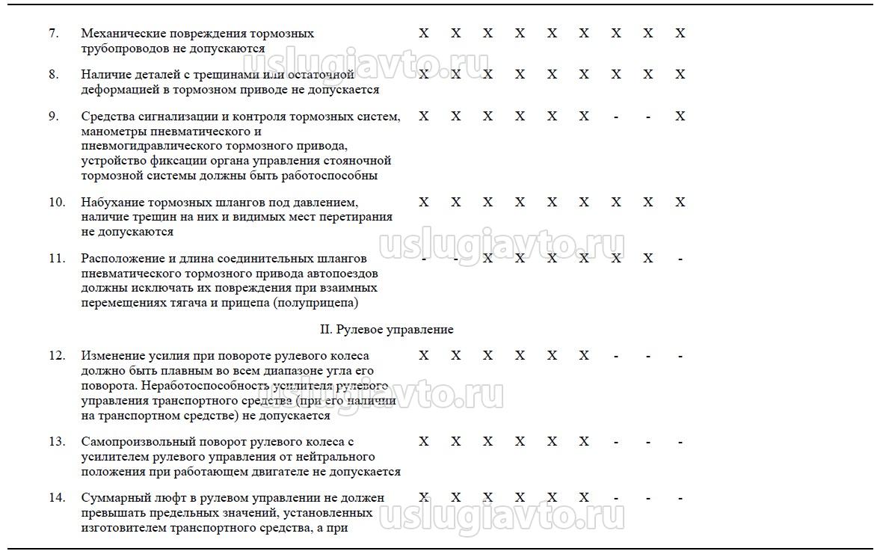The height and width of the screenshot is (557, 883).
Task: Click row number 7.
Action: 53,34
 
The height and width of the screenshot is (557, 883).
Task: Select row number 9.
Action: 53,117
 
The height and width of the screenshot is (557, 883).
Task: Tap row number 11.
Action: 57,259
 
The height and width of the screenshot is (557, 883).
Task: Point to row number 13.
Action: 57,442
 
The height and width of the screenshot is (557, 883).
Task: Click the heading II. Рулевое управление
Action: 387,330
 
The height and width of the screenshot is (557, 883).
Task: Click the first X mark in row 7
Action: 424,34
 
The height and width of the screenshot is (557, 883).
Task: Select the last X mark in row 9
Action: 680,117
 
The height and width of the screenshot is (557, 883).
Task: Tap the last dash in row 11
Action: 680,259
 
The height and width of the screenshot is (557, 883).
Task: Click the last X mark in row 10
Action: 680,203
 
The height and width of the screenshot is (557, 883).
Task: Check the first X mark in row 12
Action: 424,356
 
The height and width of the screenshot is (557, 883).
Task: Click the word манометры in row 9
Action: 111,132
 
